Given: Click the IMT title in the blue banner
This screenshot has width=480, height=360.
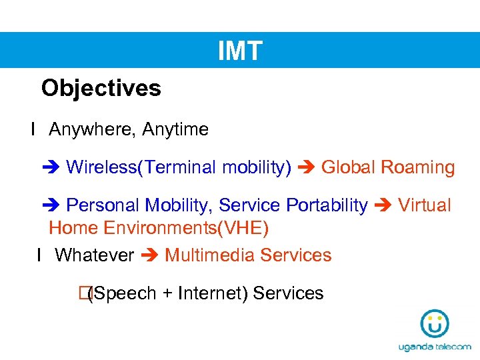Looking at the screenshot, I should pyautogui.click(x=240, y=51).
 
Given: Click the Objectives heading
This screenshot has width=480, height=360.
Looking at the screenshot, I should pyautogui.click(x=101, y=88).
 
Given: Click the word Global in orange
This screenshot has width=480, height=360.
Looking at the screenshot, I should pyautogui.click(x=348, y=167).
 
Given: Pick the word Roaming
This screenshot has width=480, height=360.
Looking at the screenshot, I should pyautogui.click(x=417, y=167).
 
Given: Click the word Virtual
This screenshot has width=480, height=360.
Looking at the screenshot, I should pyautogui.click(x=425, y=205).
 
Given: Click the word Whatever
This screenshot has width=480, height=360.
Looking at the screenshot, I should pyautogui.click(x=94, y=255).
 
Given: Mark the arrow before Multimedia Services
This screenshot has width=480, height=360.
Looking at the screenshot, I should pyautogui.click(x=149, y=256).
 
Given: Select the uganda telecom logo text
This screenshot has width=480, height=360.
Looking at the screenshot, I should pyautogui.click(x=434, y=347).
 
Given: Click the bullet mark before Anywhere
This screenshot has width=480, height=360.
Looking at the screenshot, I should pyautogui.click(x=32, y=129).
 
